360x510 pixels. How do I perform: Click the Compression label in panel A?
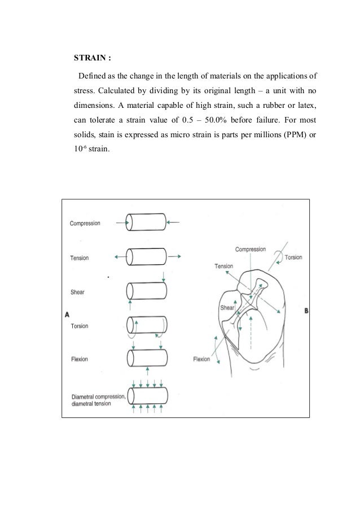85,223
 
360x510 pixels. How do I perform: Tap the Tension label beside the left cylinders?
79,258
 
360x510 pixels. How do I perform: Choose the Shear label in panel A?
77,292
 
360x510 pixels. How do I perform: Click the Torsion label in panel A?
79,326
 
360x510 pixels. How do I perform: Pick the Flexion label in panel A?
79,359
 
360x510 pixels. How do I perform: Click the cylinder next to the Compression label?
146,223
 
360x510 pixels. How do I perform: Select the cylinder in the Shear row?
146,291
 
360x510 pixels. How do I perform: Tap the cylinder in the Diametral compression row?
146,394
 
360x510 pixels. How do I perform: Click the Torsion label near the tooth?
293,258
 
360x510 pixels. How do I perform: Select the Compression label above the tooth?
250,249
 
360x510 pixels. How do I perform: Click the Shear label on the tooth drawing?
226,308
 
